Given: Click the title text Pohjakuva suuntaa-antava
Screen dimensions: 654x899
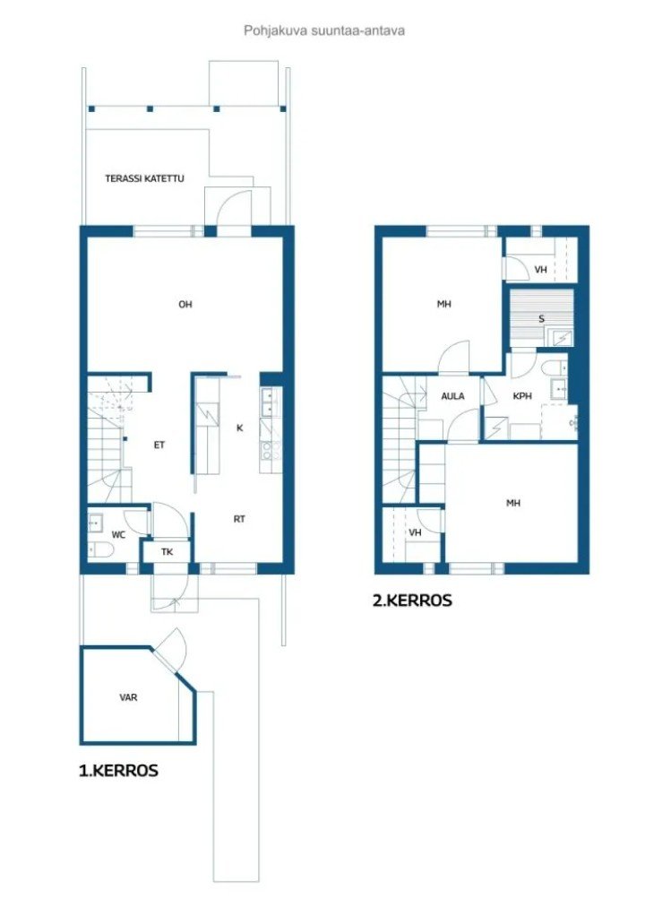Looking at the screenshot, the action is [x=324, y=30].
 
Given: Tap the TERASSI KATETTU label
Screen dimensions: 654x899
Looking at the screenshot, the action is [x=144, y=178].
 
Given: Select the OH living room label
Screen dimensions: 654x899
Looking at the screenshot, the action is [x=185, y=304].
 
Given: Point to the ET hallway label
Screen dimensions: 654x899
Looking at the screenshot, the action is [x=159, y=445].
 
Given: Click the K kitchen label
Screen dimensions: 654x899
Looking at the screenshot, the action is [x=239, y=428].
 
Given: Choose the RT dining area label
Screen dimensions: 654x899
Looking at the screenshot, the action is [x=239, y=519].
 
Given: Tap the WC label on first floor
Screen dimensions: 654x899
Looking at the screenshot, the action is [x=118, y=535].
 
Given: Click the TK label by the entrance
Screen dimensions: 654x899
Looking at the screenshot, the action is [x=167, y=552].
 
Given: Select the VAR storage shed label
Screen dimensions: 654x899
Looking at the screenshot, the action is [x=128, y=697].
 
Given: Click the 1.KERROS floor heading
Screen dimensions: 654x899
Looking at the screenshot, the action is [x=118, y=770].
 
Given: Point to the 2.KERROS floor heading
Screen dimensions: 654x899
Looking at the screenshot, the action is [x=412, y=601].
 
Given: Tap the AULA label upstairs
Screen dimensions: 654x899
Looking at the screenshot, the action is [x=452, y=396].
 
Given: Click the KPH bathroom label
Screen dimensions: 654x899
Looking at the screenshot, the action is [x=522, y=396].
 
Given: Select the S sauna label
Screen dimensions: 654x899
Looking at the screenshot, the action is [x=542, y=319].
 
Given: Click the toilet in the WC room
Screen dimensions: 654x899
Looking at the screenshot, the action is [x=101, y=550].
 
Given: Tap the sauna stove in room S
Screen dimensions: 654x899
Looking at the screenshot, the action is [x=560, y=338].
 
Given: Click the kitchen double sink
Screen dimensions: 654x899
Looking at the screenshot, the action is [x=270, y=402].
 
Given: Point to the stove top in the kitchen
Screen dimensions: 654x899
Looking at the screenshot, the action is [x=270, y=450].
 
